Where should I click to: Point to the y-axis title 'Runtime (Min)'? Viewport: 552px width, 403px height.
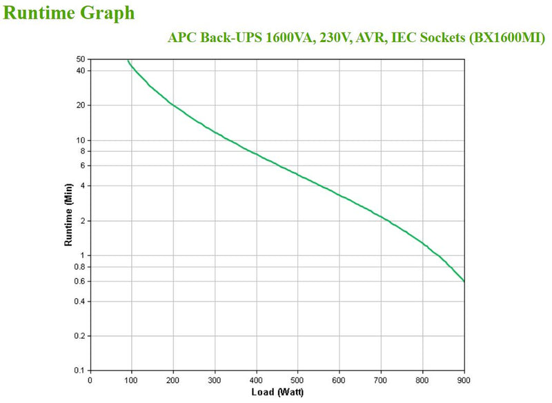[x=69, y=215]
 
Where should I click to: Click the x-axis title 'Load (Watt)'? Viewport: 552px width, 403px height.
[x=277, y=393]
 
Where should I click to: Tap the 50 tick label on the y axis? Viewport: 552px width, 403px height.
[x=81, y=59]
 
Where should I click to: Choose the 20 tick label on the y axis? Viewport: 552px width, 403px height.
[x=81, y=105]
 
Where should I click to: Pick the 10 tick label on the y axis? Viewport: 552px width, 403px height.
[x=81, y=140]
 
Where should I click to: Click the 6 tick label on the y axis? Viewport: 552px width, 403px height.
[x=83, y=166]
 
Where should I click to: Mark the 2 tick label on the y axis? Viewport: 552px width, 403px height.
[x=83, y=221]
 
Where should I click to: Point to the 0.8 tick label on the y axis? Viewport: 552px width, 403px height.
[x=79, y=266]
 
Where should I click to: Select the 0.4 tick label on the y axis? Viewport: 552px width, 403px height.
[x=79, y=302]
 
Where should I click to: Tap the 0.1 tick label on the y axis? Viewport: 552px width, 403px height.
[x=79, y=371]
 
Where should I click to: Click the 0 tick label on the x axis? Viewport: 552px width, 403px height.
[x=90, y=380]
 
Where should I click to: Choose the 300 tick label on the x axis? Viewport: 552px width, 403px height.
[x=215, y=380]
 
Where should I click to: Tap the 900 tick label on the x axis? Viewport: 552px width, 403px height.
[x=464, y=380]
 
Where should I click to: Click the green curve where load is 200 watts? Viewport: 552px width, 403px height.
[x=173, y=105]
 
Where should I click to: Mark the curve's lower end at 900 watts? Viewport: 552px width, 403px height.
[x=464, y=282]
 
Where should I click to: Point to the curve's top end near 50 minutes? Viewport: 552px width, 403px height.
[x=128, y=61]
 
